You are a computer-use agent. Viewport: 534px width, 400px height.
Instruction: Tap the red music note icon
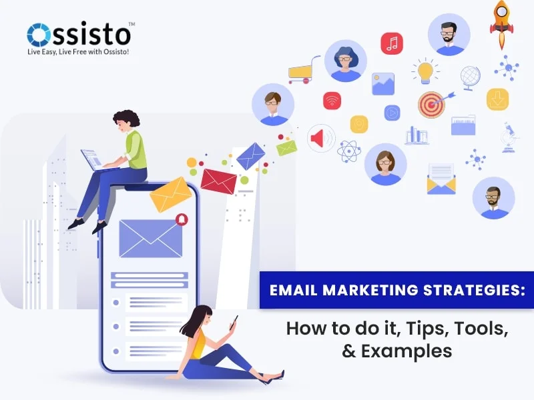392,43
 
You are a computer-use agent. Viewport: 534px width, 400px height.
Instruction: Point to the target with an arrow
432,104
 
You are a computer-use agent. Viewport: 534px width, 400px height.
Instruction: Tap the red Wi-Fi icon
332,101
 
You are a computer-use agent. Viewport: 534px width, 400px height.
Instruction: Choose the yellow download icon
498,99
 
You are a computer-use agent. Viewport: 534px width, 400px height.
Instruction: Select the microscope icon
509,137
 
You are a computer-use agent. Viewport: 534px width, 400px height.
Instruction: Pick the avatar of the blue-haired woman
346,61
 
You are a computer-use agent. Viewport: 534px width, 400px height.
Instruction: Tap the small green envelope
286,147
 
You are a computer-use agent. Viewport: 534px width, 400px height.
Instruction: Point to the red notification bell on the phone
181,219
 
